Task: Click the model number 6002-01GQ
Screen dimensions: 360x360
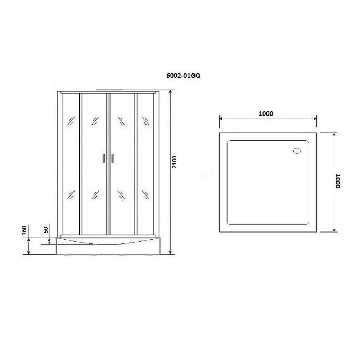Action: pyautogui.click(x=183, y=76)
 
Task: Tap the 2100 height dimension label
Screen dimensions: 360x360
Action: pyautogui.click(x=175, y=162)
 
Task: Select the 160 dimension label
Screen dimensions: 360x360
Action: pyautogui.click(x=24, y=230)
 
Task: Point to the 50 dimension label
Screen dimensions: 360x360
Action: pyautogui.click(x=46, y=230)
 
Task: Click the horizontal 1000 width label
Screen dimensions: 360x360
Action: pyautogui.click(x=266, y=113)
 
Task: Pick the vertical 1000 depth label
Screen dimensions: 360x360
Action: pyautogui.click(x=337, y=181)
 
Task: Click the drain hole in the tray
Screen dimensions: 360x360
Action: pyautogui.click(x=297, y=151)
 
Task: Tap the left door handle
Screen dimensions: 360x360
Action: pyautogui.click(x=104, y=158)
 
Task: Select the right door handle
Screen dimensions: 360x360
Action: pyautogui.click(x=112, y=158)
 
